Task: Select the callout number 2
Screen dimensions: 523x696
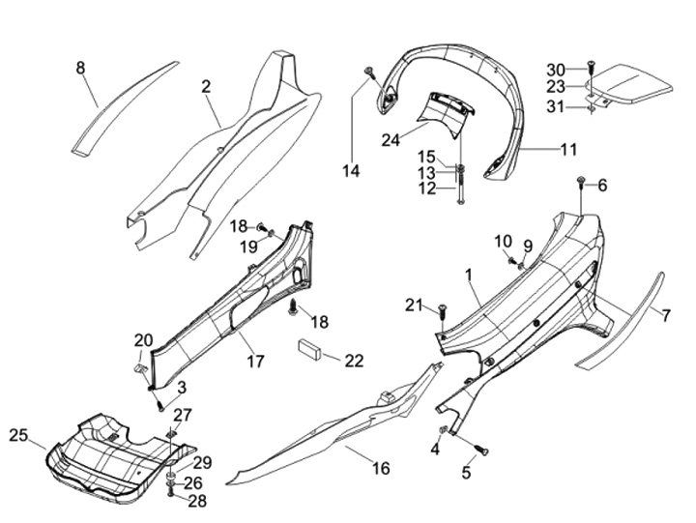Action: pyautogui.click(x=206, y=87)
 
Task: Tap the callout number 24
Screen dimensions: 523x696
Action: pyautogui.click(x=391, y=140)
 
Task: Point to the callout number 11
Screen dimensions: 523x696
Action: pyautogui.click(x=568, y=150)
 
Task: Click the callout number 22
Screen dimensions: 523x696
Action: pyautogui.click(x=354, y=361)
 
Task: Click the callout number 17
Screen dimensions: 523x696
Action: pyautogui.click(x=255, y=363)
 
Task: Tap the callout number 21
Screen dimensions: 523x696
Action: pyautogui.click(x=414, y=305)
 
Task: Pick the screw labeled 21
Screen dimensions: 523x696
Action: pyautogui.click(x=442, y=309)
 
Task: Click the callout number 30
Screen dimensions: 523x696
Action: pyautogui.click(x=555, y=69)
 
